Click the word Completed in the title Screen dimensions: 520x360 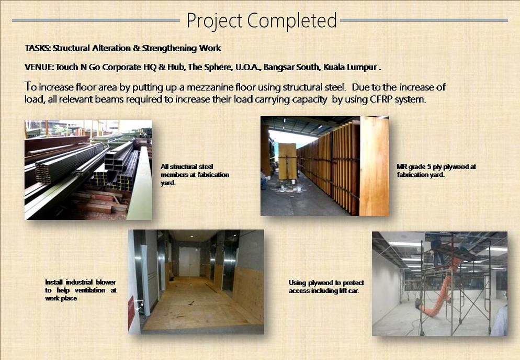point(292,21)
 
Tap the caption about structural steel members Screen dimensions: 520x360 point(195,175)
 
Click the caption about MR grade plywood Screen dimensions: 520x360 point(436,171)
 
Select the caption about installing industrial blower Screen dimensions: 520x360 point(81,290)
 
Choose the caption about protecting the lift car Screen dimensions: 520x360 point(326,287)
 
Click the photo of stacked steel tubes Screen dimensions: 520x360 point(88,170)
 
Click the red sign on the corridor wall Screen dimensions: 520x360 point(131,311)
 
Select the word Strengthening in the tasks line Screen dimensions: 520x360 point(169,48)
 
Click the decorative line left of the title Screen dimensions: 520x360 point(96,20)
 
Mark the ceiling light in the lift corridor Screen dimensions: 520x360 point(192,237)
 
